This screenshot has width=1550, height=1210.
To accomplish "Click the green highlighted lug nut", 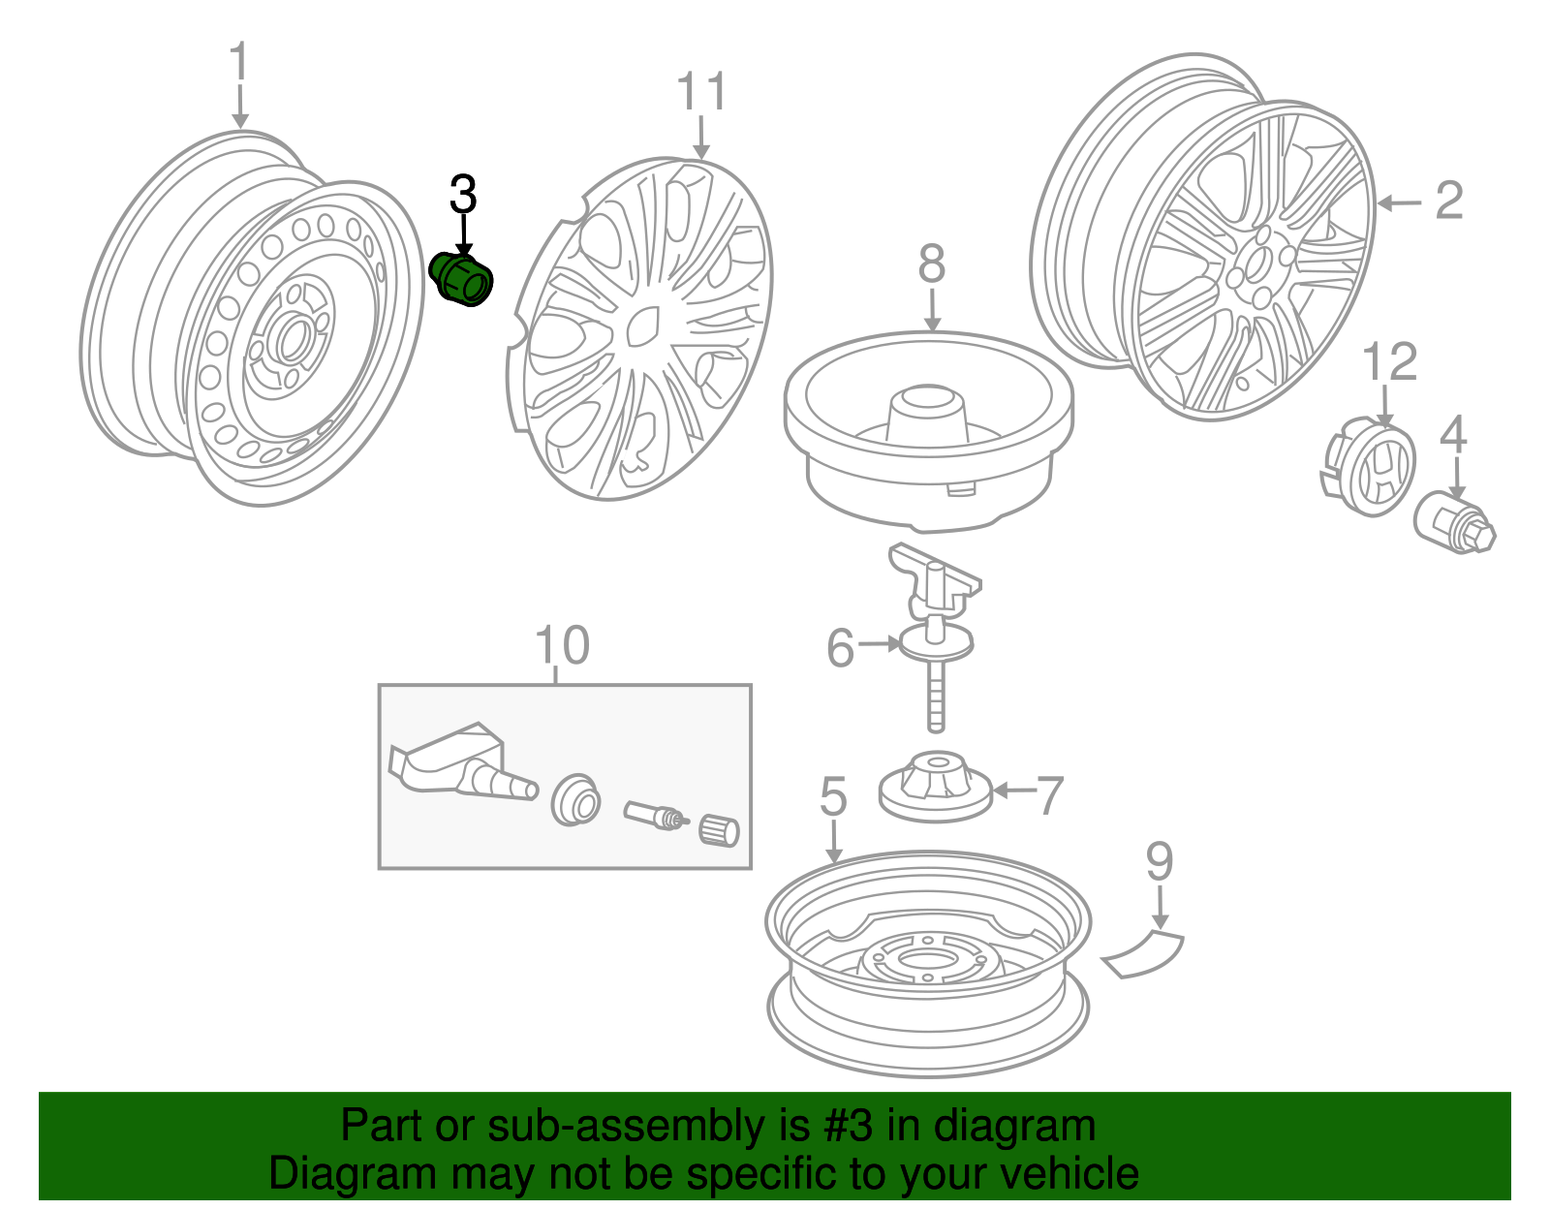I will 461,279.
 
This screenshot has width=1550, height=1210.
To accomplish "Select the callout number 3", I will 463,195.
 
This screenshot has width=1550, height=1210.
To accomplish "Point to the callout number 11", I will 700,93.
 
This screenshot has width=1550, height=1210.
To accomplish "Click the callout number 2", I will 1448,201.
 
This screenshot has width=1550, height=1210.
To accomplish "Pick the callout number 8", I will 931,264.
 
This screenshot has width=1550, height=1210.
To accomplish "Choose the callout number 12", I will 1389,362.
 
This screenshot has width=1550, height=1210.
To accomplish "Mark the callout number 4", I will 1453,435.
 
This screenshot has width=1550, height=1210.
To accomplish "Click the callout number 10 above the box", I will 562,645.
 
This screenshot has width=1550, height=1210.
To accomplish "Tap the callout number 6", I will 840,648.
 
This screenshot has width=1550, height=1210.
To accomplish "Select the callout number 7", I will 1050,795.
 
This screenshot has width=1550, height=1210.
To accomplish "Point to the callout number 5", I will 833,796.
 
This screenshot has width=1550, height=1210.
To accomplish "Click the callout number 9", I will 1160,861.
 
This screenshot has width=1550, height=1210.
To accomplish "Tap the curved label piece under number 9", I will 1143,953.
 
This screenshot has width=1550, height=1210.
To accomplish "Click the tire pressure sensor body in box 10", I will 446,765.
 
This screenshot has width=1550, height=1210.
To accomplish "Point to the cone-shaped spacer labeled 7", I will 936,786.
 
